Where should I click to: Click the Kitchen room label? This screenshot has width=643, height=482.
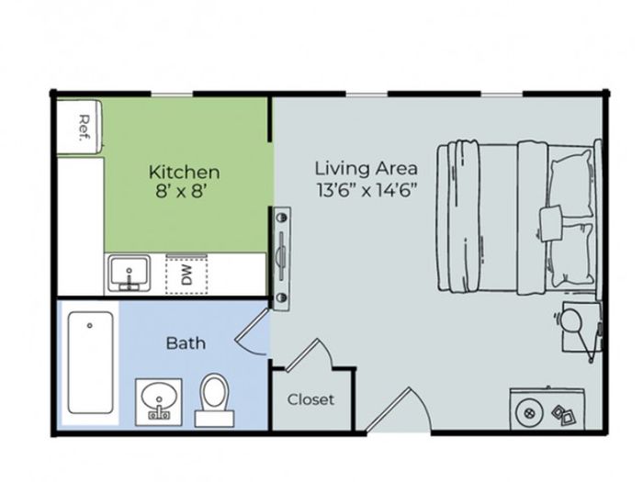click(184, 173)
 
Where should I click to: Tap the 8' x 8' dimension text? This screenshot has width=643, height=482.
click(180, 191)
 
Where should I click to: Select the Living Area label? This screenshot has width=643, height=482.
click(367, 168)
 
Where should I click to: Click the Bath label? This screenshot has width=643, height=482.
click(186, 343)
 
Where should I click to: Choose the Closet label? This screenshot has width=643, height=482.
click(310, 399)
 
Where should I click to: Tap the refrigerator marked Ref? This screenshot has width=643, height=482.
click(79, 127)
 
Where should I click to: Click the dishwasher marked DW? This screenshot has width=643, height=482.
click(186, 274)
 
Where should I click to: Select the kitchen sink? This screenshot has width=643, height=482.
click(130, 273)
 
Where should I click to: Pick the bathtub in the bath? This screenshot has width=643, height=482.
click(90, 363)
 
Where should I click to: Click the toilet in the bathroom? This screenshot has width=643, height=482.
click(214, 399)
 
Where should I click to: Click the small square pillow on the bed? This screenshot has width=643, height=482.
click(551, 224)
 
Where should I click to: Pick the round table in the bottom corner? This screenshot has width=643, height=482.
click(529, 412)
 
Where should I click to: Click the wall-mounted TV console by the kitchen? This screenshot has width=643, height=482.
click(282, 258)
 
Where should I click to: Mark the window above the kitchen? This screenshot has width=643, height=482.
click(172, 95)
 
